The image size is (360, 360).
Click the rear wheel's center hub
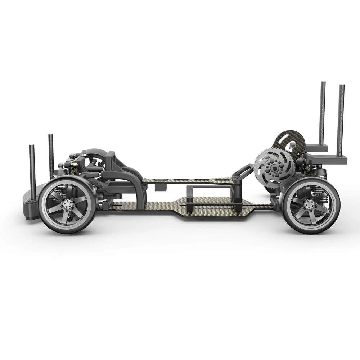(309, 204)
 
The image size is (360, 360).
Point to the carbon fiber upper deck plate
(187, 180)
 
